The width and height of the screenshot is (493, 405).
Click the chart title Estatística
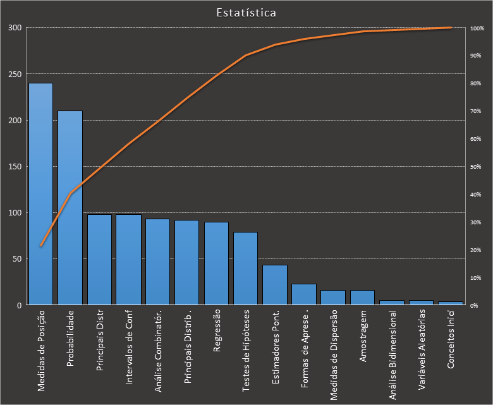[x=246, y=13]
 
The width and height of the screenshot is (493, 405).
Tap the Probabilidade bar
[x=70, y=208]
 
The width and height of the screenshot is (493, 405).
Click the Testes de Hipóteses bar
[x=245, y=269]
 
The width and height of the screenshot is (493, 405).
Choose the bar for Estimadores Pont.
[x=275, y=285]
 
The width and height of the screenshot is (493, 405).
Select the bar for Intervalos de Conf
[x=128, y=260]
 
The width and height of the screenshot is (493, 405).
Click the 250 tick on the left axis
[x=15, y=75]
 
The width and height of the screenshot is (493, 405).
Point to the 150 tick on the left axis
[x=15, y=167]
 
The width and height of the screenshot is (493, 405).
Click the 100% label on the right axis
[x=477, y=28]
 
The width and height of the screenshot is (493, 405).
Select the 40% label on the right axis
[x=475, y=195]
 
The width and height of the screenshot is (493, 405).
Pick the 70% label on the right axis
[x=475, y=111]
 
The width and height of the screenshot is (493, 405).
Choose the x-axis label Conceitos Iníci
[x=451, y=342]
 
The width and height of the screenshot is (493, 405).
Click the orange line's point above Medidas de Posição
[x=41, y=245]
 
